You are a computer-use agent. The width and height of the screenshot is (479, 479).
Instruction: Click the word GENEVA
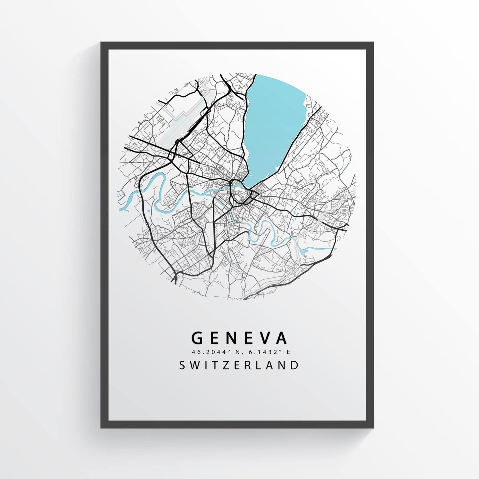pyautogui.click(x=239, y=338)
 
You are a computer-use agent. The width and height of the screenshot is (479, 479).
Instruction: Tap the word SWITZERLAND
pyautogui.click(x=239, y=365)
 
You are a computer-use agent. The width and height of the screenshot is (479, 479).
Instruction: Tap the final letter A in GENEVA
pyautogui.click(x=282, y=338)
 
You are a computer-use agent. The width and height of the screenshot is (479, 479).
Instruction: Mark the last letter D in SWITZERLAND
pyautogui.click(x=294, y=365)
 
